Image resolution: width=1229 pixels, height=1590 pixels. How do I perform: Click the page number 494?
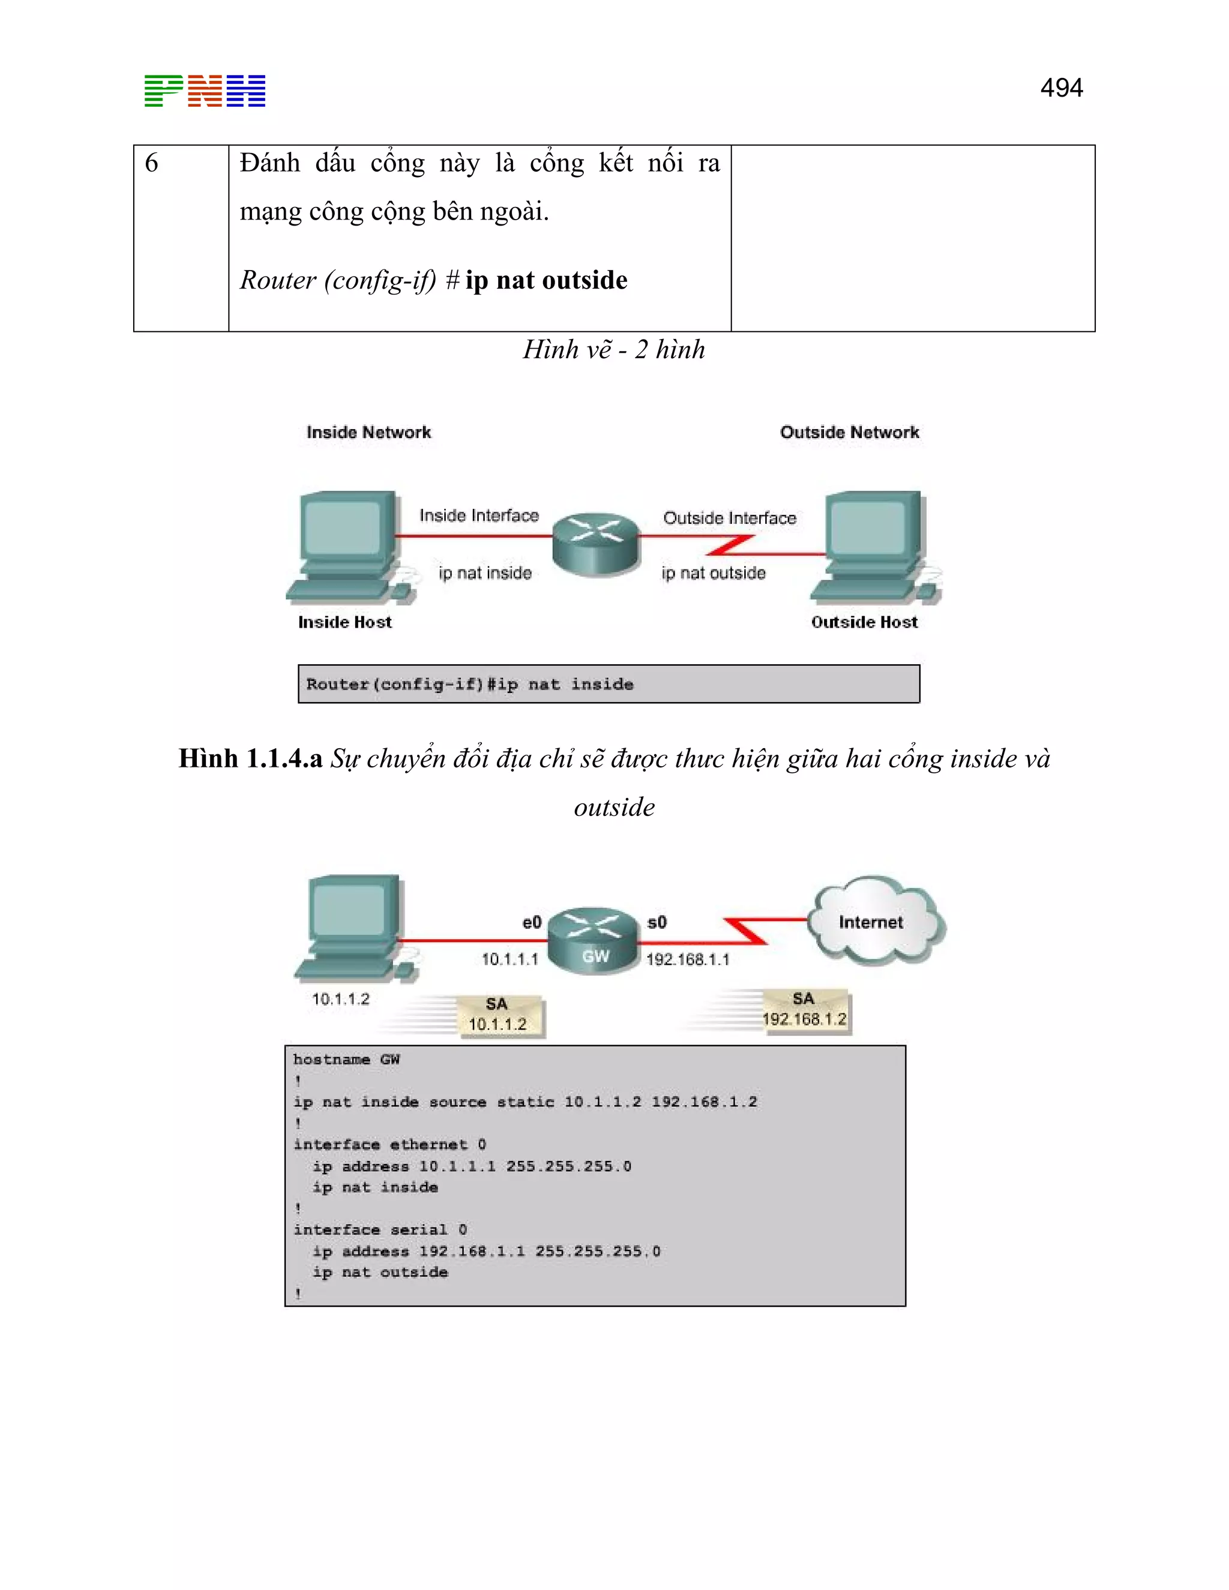coord(1061,88)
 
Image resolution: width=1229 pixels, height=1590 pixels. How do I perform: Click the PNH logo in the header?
coord(205,91)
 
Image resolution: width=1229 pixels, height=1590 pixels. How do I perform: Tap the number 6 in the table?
coord(151,163)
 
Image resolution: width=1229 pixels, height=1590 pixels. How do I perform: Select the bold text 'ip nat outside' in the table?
coord(546,280)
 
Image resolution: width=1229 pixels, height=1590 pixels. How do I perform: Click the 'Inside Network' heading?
coord(368,433)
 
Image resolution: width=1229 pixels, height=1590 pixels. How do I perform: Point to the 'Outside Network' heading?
coord(849,433)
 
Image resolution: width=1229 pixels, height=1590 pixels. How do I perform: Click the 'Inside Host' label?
coord(344,622)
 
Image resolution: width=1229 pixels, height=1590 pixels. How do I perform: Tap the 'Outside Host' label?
coord(864,622)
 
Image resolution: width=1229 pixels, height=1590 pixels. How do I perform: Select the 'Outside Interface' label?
coord(730,518)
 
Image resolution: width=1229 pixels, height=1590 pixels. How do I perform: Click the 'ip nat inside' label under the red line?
coord(485,573)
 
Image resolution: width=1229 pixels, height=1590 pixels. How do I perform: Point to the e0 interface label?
coord(532,922)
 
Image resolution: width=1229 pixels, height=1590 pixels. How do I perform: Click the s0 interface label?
coord(657,922)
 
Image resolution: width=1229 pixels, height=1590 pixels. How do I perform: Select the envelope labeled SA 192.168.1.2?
coord(805,1010)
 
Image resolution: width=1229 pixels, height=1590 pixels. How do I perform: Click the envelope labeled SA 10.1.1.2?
coord(499,1015)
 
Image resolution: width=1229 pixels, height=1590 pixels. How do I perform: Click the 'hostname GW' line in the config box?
coord(347,1059)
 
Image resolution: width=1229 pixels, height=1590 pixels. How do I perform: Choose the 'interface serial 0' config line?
coord(380,1229)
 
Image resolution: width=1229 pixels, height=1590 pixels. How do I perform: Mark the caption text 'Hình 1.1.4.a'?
coord(250,758)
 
